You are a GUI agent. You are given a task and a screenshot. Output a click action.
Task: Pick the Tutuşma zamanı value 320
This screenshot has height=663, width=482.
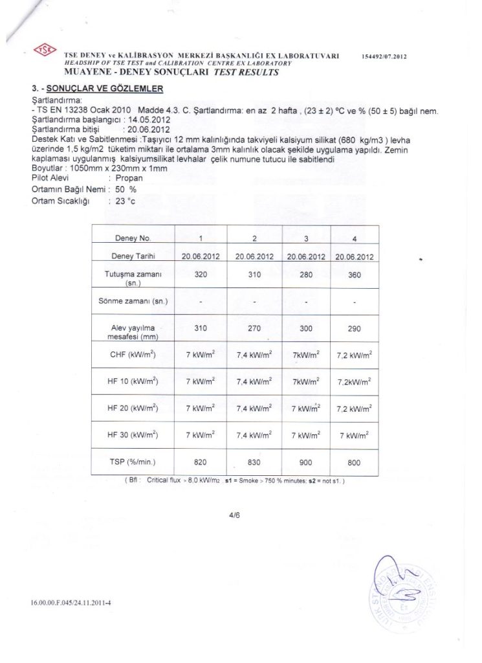pyautogui.click(x=201, y=275)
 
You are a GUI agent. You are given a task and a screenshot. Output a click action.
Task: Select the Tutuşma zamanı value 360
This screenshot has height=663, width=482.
pyautogui.click(x=353, y=275)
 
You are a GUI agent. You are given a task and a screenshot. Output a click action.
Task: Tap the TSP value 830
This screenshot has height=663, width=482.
pyautogui.click(x=255, y=463)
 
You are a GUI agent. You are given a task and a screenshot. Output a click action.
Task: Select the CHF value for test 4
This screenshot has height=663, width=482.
pyautogui.click(x=353, y=355)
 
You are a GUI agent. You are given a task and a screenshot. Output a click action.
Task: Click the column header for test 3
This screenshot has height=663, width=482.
pyautogui.click(x=305, y=238)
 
